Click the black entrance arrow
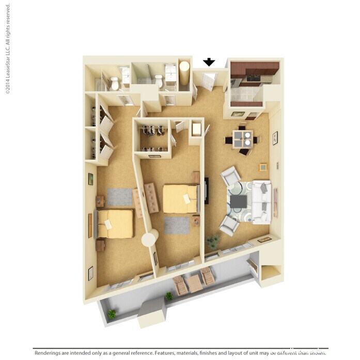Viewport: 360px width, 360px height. [209, 62]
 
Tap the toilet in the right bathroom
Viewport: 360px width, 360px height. [159, 81]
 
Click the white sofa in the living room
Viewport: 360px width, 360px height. [261, 201]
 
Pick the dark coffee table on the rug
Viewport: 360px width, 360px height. [238, 201]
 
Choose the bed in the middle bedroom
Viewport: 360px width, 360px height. [180, 198]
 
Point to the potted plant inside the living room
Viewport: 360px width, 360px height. [212, 241]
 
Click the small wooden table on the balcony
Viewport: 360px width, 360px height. [194, 283]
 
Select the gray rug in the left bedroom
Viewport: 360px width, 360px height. [120, 197]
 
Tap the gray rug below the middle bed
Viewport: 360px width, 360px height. [177, 225]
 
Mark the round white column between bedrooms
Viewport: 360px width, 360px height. [150, 238]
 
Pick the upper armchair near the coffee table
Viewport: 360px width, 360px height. [230, 177]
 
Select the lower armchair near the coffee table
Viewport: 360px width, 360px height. [228, 225]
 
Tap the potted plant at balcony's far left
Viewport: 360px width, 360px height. [112, 314]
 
